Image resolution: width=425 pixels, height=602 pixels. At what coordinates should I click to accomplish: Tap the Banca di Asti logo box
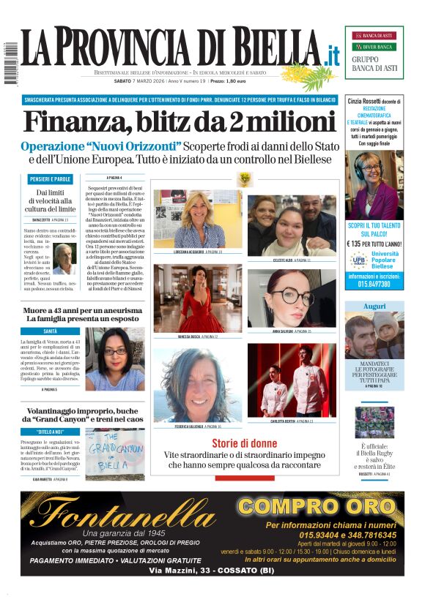pyautogui.click(x=374, y=51)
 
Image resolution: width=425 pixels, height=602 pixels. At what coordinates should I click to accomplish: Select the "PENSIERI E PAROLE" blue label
pyautogui.click(x=51, y=179)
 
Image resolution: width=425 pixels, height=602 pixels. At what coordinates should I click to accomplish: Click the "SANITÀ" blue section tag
pyautogui.click(x=51, y=331)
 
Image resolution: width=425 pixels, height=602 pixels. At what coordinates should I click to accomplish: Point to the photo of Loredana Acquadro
pyautogui.click(x=198, y=219)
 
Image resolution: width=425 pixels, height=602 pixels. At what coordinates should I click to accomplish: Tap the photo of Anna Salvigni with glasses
pyautogui.click(x=291, y=298)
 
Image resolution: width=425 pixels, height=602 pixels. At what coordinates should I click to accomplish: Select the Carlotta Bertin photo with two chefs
pyautogui.click(x=291, y=380)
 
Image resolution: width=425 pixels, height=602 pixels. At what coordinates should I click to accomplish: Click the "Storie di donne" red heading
pyautogui.click(x=244, y=443)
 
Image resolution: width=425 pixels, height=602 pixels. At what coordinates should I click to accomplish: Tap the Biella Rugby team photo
pyautogui.click(x=374, y=422)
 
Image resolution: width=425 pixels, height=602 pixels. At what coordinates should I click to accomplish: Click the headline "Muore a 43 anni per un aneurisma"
pyautogui.click(x=82, y=311)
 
